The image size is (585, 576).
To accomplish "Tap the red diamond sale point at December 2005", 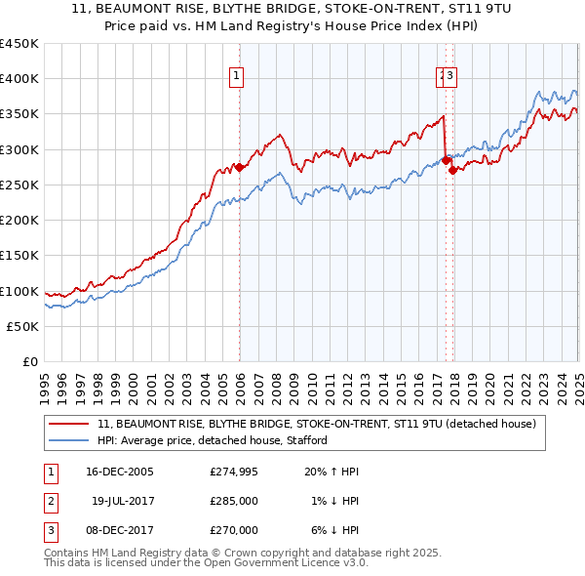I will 239,167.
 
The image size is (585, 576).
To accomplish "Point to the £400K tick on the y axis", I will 19,79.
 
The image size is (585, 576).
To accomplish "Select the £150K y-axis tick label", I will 19,256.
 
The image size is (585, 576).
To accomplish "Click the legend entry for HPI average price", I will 212,440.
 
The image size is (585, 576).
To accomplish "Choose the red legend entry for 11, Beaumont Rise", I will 317,424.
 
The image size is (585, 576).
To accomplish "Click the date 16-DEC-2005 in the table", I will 120,472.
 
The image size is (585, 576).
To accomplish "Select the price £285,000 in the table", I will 234,501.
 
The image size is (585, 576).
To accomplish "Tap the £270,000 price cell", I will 234,530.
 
